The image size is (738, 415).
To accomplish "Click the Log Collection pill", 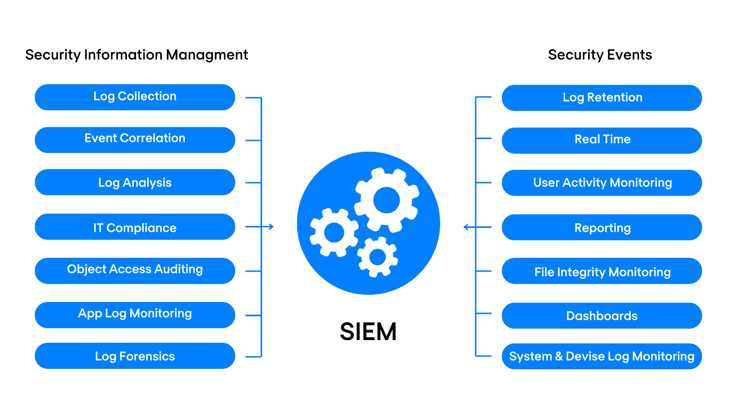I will [135, 97].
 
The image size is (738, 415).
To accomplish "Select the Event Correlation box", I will [135, 139].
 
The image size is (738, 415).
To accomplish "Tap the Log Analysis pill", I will [135, 182].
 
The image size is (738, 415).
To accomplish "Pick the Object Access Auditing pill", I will [135, 271].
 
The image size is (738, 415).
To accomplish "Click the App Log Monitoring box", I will [135, 315].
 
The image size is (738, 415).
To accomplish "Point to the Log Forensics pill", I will [135, 356].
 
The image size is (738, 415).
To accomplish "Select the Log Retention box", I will [602, 98].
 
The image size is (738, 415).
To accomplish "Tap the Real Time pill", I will [602, 140].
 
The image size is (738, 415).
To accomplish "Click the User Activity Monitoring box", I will [602, 183].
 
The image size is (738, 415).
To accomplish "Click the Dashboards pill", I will [602, 315].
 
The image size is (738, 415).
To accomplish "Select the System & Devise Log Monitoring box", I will [602, 356].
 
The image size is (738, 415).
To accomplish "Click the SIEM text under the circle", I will [368, 331].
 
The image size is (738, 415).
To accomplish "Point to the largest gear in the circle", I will [386, 200].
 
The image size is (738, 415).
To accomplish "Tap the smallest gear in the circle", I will [377, 257].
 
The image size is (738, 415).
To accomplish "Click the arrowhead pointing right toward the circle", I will [271, 227].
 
